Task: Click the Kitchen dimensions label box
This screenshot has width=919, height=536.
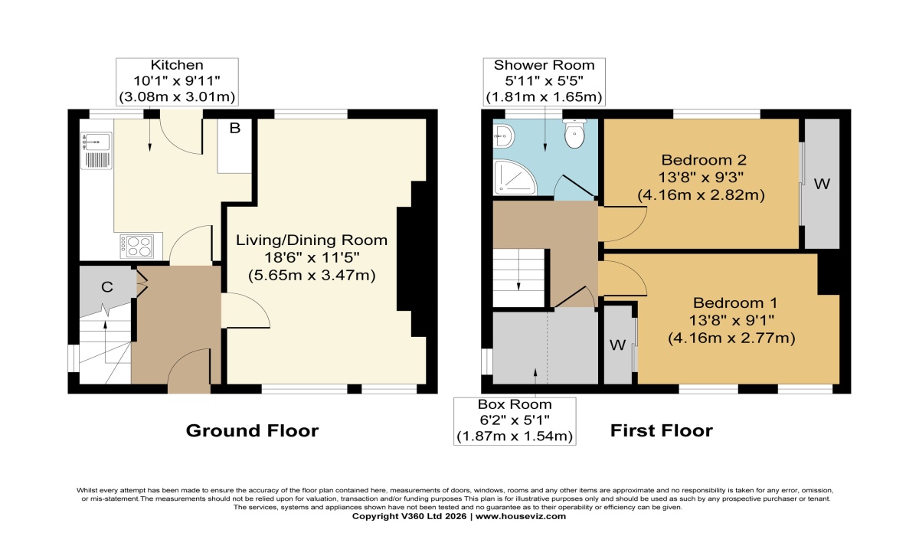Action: [176, 81]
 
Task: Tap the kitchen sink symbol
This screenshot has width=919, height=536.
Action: [97, 142]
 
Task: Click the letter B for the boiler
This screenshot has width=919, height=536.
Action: [235, 129]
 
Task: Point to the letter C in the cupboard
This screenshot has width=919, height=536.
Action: [108, 287]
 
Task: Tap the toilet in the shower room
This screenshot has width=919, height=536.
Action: [574, 136]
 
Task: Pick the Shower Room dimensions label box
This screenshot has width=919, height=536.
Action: [545, 81]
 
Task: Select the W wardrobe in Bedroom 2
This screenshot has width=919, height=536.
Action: [822, 184]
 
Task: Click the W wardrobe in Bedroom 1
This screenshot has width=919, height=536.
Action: [617, 344]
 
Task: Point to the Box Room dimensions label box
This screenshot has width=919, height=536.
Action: [515, 420]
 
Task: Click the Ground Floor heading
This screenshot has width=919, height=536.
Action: [252, 431]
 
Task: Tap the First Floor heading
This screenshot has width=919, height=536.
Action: [661, 431]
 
